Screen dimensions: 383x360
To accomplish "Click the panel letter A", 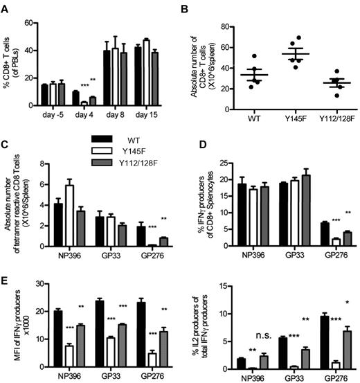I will click(6, 7).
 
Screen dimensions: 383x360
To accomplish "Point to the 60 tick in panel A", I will click(31, 22).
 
